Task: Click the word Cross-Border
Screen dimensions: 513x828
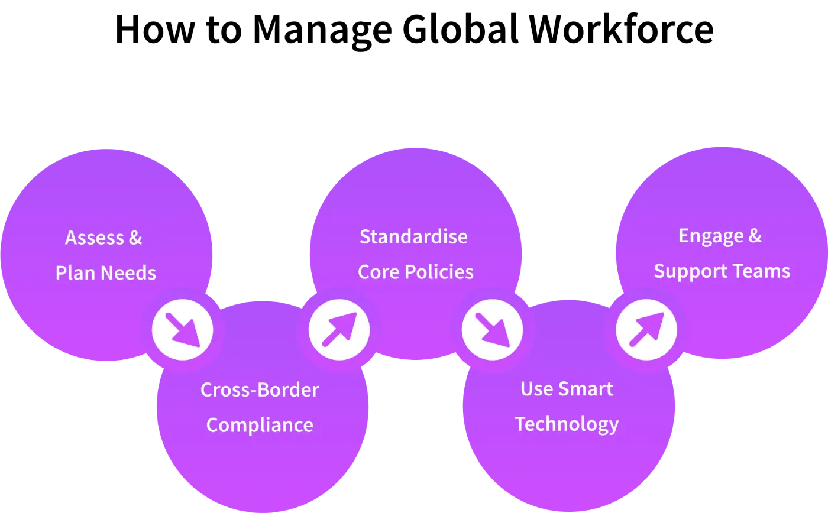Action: pyautogui.click(x=260, y=390)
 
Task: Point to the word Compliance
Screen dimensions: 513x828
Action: pyautogui.click(x=260, y=425)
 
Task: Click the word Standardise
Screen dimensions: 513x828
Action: pyautogui.click(x=413, y=237)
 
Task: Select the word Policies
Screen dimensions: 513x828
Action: pyautogui.click(x=439, y=272)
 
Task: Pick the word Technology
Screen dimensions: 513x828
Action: pyautogui.click(x=567, y=424)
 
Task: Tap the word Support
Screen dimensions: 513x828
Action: pyautogui.click(x=685, y=271)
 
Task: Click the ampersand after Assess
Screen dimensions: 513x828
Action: pyautogui.click(x=135, y=238)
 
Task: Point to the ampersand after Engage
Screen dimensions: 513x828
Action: pyautogui.click(x=755, y=236)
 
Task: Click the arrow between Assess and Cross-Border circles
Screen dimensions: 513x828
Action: pyautogui.click(x=182, y=330)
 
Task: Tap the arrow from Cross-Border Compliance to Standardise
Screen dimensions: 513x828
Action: pyautogui.click(x=339, y=329)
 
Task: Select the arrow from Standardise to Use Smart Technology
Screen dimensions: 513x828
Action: pyautogui.click(x=492, y=330)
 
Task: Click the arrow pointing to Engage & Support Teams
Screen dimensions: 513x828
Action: pyautogui.click(x=646, y=329)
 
